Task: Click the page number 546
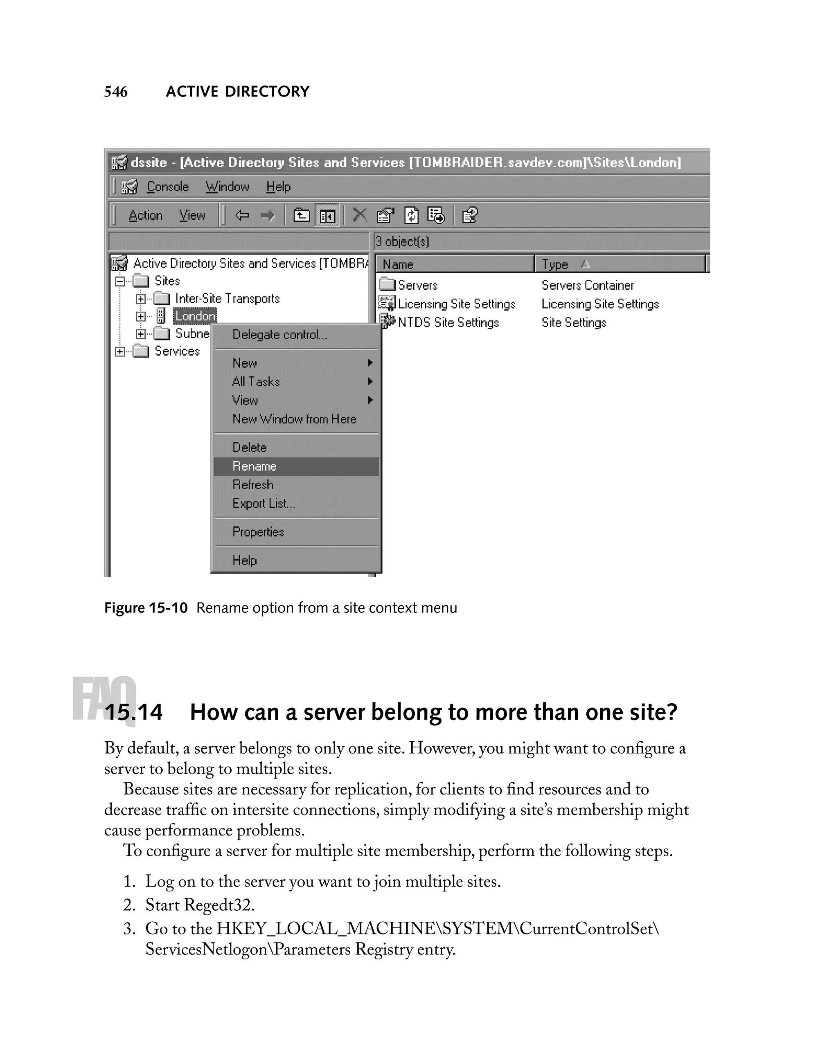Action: tap(115, 92)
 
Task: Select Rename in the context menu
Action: tap(254, 466)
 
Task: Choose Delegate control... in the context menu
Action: tap(279, 335)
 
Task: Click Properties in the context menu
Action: tap(258, 532)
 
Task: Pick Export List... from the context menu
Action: tap(263, 504)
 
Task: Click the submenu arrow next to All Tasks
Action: tap(370, 381)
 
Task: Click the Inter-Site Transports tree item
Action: tap(227, 298)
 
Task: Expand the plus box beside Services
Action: tap(120, 351)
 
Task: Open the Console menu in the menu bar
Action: tap(167, 187)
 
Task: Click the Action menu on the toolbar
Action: tap(145, 215)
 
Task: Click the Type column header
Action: tap(555, 264)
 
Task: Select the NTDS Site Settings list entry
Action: tap(448, 323)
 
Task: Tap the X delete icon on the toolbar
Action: tap(359, 214)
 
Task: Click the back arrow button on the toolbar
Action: tap(242, 215)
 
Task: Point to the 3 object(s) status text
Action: tap(402, 241)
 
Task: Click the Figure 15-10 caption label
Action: tap(146, 608)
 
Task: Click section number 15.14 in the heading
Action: tap(133, 712)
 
